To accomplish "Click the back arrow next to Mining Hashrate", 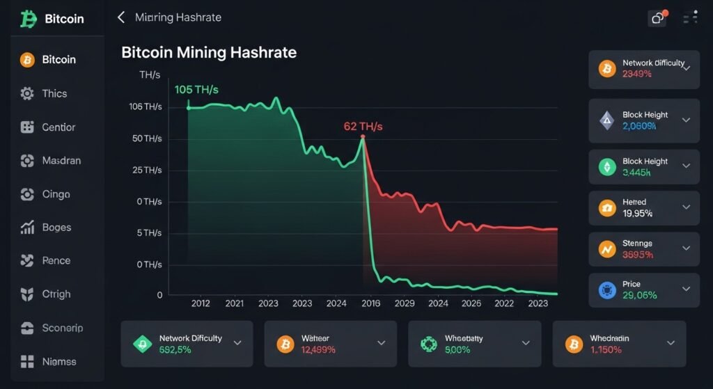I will [121, 17].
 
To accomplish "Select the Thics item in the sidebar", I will [54, 93].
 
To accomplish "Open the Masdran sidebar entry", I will [61, 160].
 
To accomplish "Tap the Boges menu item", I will [56, 227].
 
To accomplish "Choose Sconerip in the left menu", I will [62, 328].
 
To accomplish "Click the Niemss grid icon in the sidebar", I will [28, 361].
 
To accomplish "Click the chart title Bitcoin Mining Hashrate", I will [209, 52].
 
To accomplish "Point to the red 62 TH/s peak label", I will [363, 127].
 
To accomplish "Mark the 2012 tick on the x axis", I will [201, 303].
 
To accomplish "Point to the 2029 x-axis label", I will [405, 303].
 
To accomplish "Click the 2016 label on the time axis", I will [370, 303].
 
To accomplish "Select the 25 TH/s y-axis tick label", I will [146, 170].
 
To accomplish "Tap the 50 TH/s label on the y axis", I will [146, 138].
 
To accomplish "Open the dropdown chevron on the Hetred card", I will [686, 207].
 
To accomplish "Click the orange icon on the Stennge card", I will [607, 248].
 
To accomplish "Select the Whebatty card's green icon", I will [430, 344].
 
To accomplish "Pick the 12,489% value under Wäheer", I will [318, 349].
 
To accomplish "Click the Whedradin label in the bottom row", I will [609, 338].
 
